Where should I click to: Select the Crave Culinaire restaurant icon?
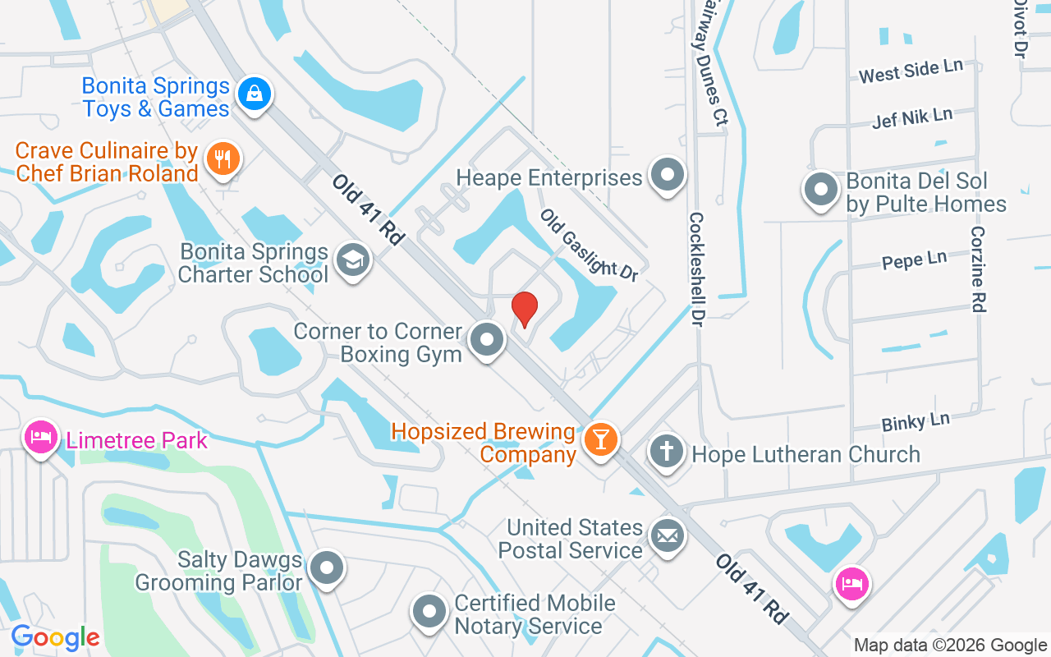[222, 157]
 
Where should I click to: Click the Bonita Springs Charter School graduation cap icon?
[354, 260]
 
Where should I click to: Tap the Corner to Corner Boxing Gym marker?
[488, 339]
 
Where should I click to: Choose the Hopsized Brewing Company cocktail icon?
[600, 439]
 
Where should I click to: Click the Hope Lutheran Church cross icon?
[666, 451]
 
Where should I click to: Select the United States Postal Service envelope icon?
[666, 536]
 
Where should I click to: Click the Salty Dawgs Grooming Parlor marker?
[328, 567]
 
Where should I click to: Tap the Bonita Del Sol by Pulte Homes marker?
[820, 190]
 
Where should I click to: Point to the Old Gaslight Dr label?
[589, 245]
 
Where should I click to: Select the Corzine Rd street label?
[977, 269]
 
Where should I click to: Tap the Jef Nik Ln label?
[912, 117]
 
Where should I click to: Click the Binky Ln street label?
[916, 422]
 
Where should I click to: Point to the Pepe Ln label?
[914, 260]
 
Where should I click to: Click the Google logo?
[55, 637]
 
